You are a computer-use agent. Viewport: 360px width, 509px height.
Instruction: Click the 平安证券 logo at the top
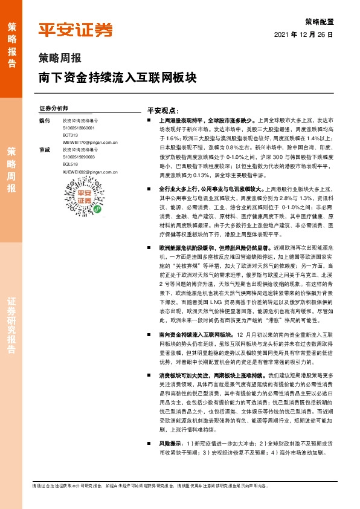pyautogui.click(x=76, y=30)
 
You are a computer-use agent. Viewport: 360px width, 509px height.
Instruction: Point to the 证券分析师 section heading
pyautogui.click(x=53, y=108)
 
